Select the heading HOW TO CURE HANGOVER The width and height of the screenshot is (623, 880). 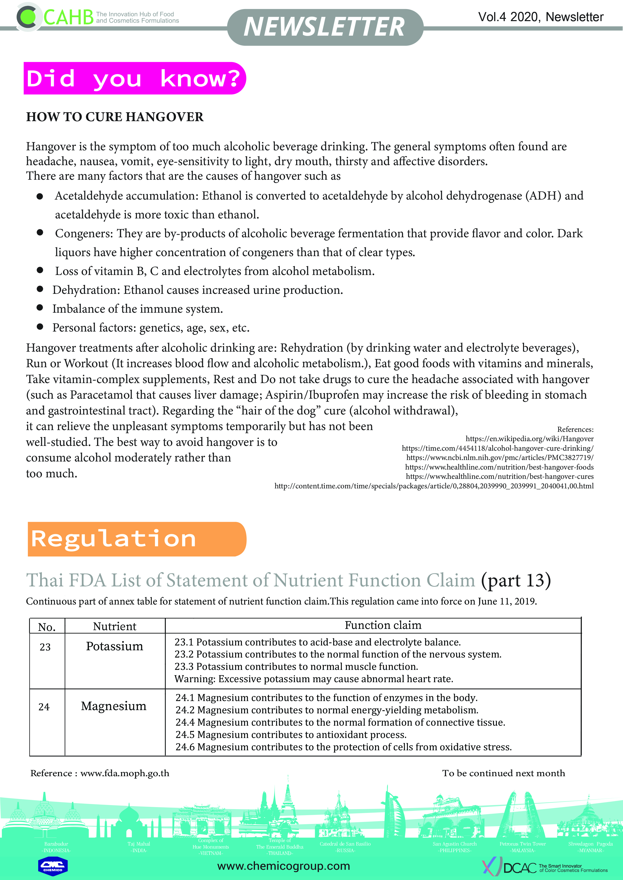point(115,117)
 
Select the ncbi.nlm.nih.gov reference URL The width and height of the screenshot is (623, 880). point(500,457)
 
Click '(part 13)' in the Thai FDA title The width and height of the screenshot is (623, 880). point(515,580)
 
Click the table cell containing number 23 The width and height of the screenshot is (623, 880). point(45,647)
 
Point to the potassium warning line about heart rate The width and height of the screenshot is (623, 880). point(314,679)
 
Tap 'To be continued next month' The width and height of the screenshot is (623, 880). point(503,773)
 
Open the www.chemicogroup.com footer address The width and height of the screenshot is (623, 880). point(284,866)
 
